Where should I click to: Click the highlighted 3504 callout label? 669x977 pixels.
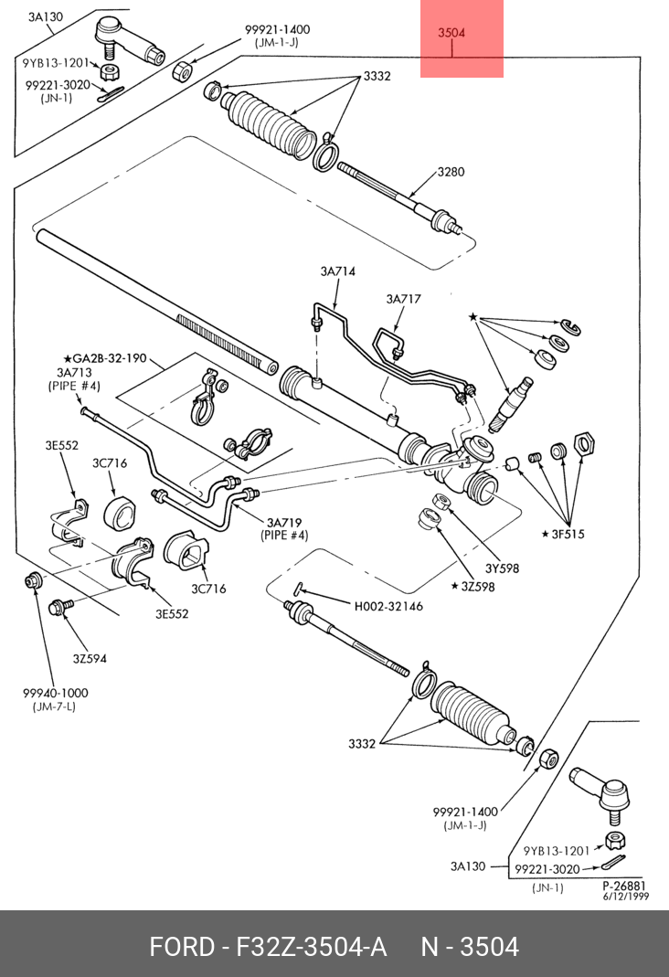click(x=451, y=32)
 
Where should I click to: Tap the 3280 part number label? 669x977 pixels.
click(x=451, y=172)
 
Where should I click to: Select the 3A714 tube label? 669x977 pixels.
click(x=337, y=271)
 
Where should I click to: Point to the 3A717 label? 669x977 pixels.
click(x=404, y=299)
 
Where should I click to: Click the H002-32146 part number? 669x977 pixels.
click(x=388, y=606)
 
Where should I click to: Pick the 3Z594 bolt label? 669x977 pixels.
click(x=90, y=659)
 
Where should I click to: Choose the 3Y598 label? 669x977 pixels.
click(x=502, y=568)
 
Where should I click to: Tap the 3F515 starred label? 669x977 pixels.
click(x=563, y=534)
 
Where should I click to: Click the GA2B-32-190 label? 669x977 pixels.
click(x=105, y=358)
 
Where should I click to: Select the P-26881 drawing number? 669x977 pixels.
click(x=624, y=886)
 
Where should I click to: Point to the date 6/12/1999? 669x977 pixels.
click(x=625, y=896)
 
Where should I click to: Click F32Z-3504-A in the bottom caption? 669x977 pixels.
click(x=311, y=947)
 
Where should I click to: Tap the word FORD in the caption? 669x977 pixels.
click(x=181, y=947)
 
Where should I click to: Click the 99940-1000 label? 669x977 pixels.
click(x=56, y=693)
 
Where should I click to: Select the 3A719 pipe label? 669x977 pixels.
click(x=284, y=523)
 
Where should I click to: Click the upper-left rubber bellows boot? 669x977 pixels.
click(x=269, y=126)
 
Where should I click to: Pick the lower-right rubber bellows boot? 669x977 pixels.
click(x=473, y=715)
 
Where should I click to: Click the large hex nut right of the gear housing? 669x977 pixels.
click(x=584, y=443)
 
